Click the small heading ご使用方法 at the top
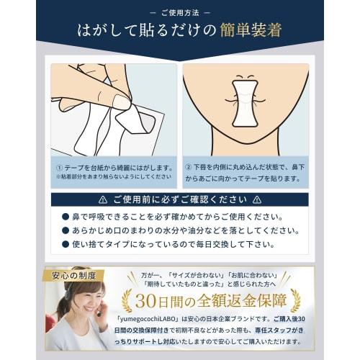[180, 12]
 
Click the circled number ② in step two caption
[189, 166]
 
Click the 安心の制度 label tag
[75, 275]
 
